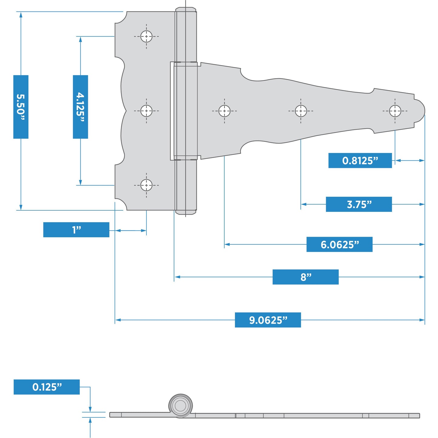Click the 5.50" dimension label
click(x=21, y=107)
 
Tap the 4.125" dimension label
click(x=80, y=107)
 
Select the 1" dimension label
click(x=76, y=230)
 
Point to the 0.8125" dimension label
click(x=360, y=160)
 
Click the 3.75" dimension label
click(x=359, y=204)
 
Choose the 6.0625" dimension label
click(x=339, y=244)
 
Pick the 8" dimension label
click(x=306, y=277)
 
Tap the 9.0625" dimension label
click(x=268, y=320)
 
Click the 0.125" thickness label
click(x=47, y=387)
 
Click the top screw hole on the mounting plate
click(x=146, y=36)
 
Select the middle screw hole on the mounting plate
click(x=146, y=111)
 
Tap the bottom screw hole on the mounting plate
click(x=146, y=185)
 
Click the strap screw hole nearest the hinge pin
click(x=224, y=111)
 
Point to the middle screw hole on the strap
click(x=301, y=111)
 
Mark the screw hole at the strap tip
click(x=395, y=111)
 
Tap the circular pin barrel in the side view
click(x=180, y=406)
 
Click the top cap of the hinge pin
click(x=186, y=10)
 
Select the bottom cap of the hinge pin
click(x=186, y=212)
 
